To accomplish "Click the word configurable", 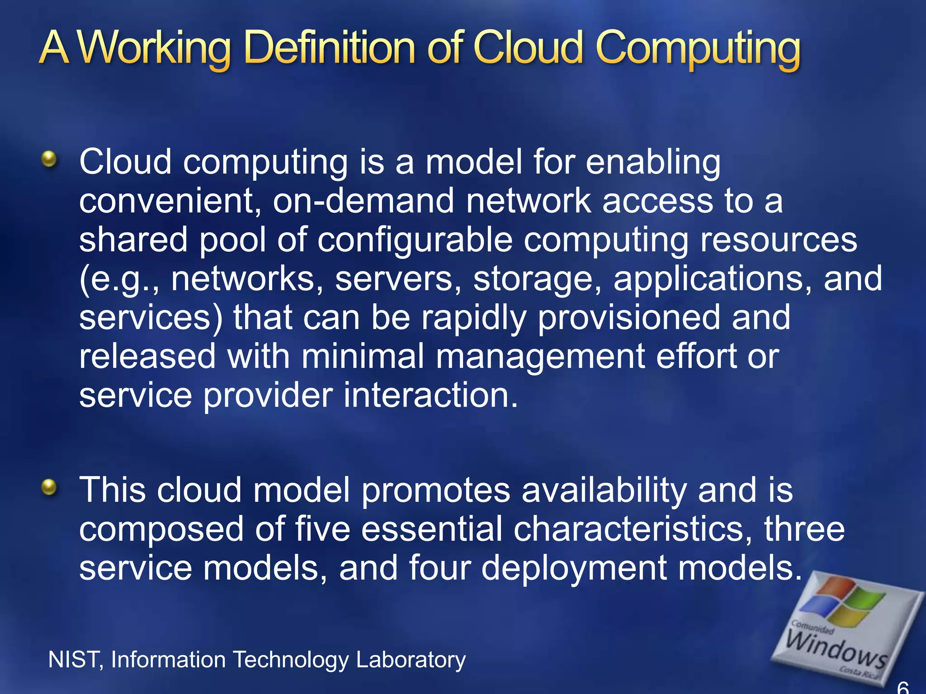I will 415,240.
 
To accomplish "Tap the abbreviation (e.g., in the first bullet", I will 118,279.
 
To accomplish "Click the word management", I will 540,357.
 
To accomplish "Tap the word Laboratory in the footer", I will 411,660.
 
